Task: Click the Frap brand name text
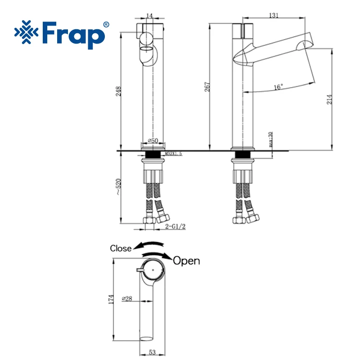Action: (73, 35)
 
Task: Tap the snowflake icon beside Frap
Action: (26, 32)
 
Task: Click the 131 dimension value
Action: (274, 15)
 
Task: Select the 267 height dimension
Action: (207, 87)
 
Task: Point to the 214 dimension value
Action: (329, 99)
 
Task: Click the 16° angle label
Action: (278, 87)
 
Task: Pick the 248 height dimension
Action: (118, 91)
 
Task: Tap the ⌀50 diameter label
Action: (153, 140)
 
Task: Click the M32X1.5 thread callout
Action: (174, 153)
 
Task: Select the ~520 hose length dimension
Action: (118, 187)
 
